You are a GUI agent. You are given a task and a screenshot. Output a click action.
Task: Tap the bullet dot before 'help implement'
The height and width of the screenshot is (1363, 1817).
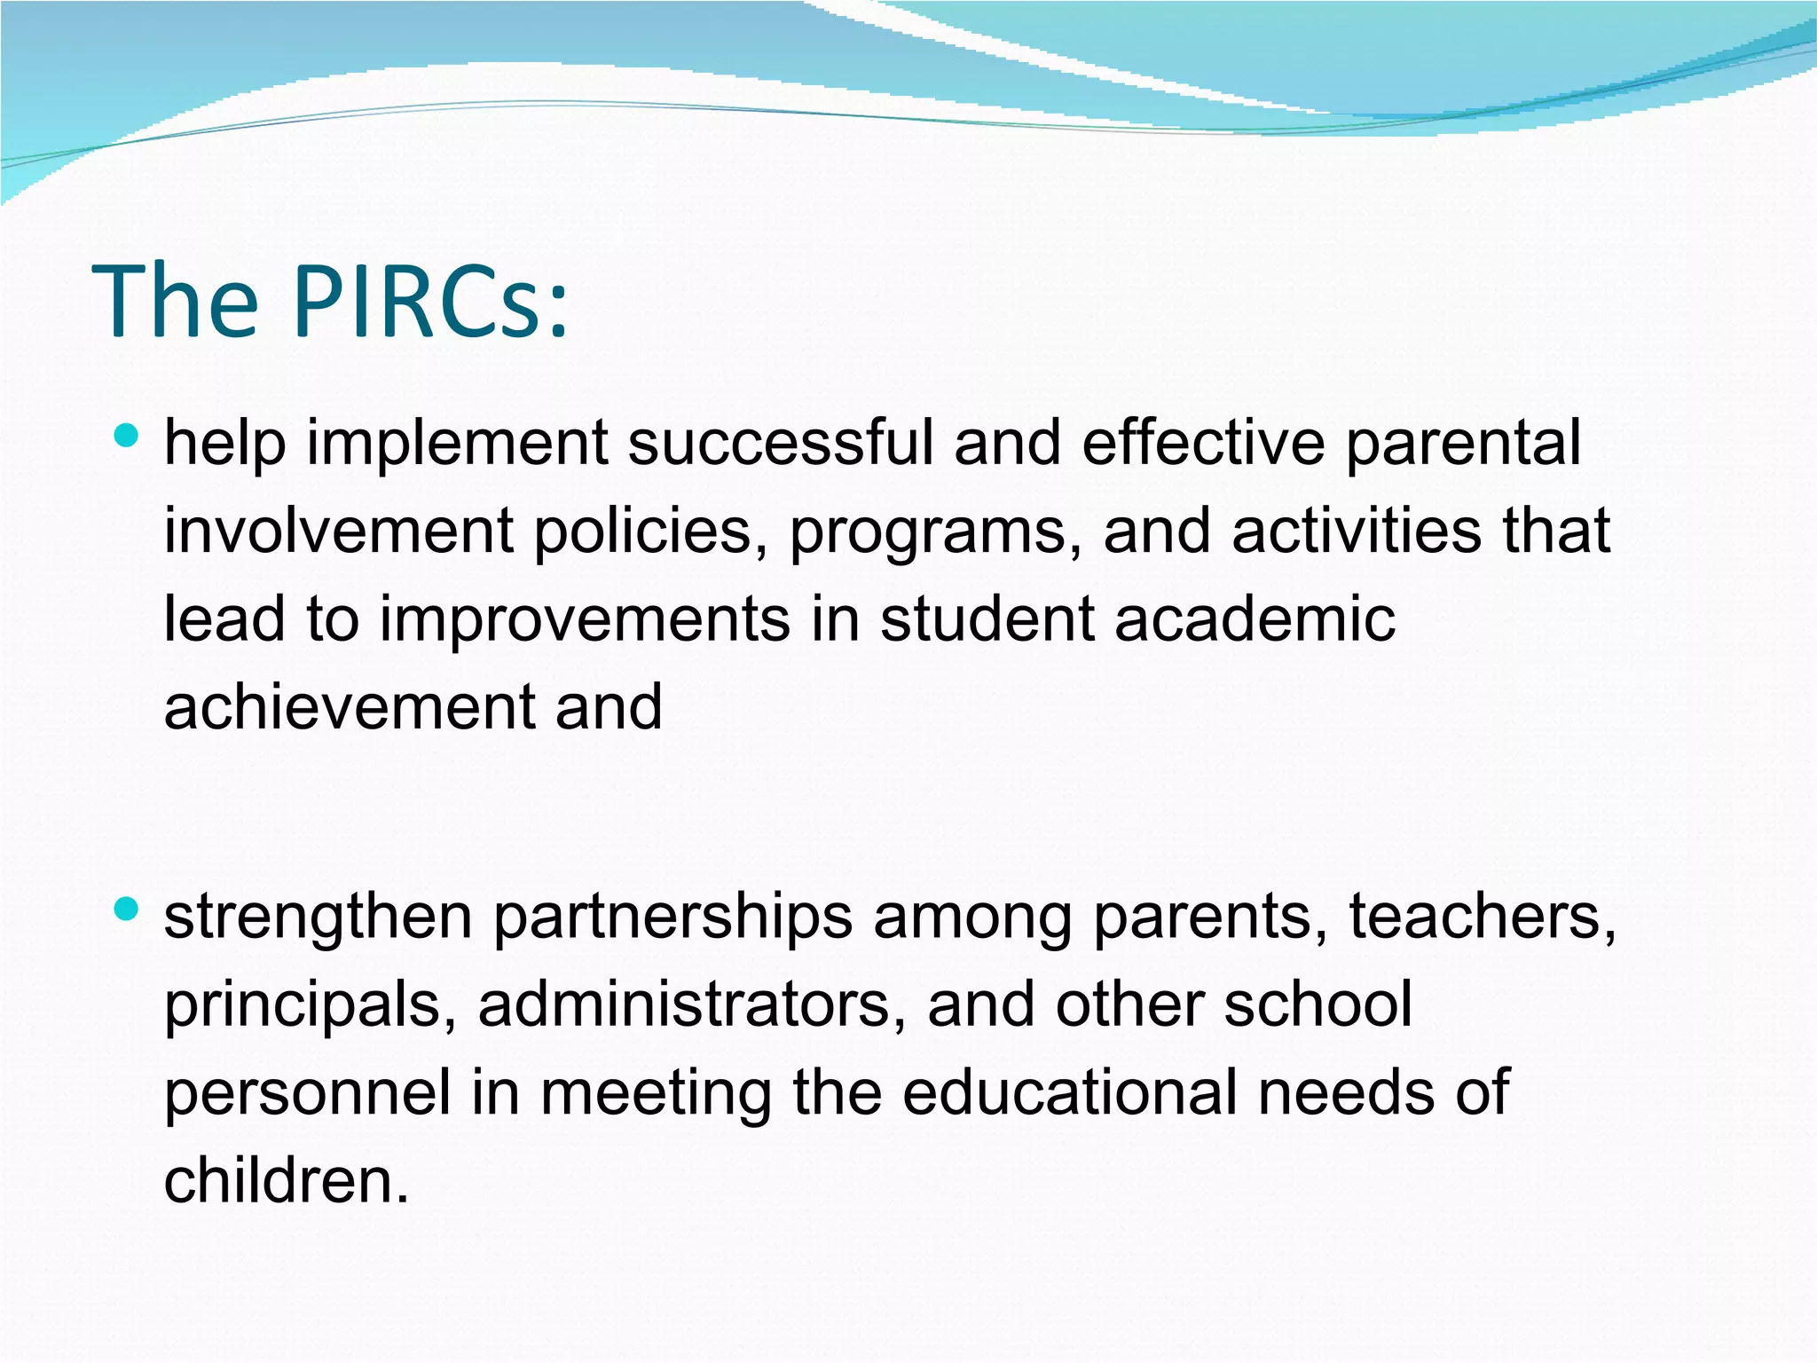point(127,435)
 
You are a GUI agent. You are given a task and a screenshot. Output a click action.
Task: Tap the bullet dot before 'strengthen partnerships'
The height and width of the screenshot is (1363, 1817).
point(127,908)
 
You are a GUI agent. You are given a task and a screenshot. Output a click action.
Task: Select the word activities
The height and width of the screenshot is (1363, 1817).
point(1357,531)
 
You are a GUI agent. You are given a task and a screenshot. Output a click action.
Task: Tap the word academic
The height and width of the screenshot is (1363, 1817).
point(1255,618)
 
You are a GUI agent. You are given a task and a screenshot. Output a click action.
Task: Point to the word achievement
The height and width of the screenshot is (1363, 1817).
point(350,706)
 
